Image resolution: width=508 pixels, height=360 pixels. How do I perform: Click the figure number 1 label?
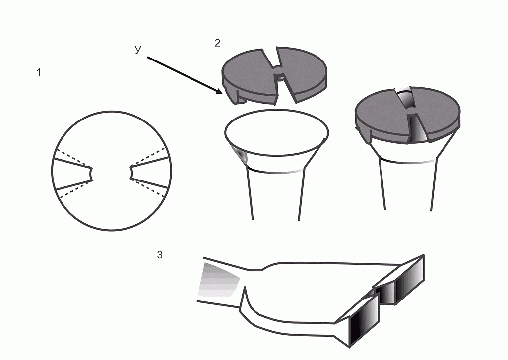coord(39,72)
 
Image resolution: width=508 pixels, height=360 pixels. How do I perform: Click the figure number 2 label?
coord(218,43)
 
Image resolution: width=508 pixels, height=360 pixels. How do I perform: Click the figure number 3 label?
coord(160,255)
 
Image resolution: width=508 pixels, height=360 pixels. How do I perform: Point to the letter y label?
coord(138,49)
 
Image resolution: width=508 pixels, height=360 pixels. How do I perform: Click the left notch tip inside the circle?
coord(92,174)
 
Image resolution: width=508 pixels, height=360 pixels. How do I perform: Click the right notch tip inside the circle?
coord(131,172)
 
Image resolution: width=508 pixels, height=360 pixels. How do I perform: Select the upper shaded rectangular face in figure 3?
coord(409,280)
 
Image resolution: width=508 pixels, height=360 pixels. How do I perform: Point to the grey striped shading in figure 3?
coord(218,280)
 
